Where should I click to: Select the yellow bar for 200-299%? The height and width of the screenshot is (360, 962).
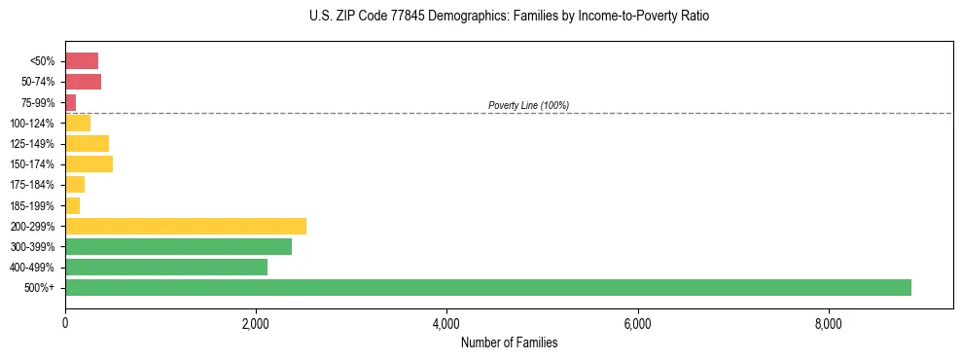[x=186, y=226]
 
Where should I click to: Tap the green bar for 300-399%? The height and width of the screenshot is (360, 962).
[x=178, y=246]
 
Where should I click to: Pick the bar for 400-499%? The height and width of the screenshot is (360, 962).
[x=166, y=267]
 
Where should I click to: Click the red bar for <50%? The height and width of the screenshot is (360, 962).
[x=82, y=60]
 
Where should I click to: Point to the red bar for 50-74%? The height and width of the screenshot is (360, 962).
[x=83, y=81]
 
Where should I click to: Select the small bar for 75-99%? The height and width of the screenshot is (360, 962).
[x=70, y=102]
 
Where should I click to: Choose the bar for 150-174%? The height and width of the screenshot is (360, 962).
[x=89, y=163]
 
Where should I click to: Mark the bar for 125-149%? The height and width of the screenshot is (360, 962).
[x=87, y=143]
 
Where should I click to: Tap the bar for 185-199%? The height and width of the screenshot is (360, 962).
[x=72, y=205]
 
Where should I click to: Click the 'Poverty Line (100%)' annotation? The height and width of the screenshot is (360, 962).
[x=528, y=105]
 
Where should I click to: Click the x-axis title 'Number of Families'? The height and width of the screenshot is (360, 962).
[x=509, y=342]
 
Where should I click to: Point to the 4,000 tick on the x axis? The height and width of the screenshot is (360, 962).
[x=446, y=322]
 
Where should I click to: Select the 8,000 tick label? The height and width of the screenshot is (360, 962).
[x=828, y=322]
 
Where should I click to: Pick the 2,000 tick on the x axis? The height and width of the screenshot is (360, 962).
[x=256, y=322]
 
